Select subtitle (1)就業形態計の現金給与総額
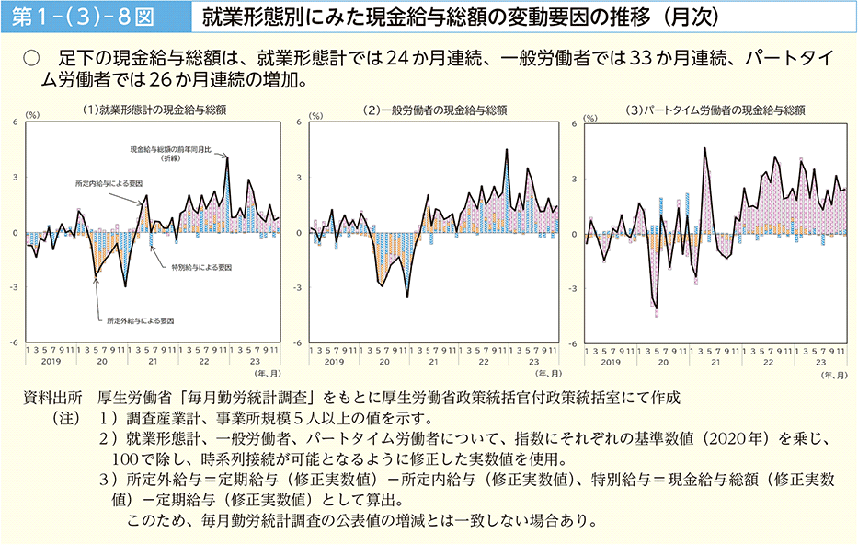[x=154, y=110]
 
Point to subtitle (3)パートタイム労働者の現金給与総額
[x=715, y=110]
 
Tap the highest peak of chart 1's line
[x=227, y=157]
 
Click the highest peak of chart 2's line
[x=507, y=149]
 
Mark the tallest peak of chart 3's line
[x=704, y=147]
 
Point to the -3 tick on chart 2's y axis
[x=299, y=287]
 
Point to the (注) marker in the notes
[x=66, y=418]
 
